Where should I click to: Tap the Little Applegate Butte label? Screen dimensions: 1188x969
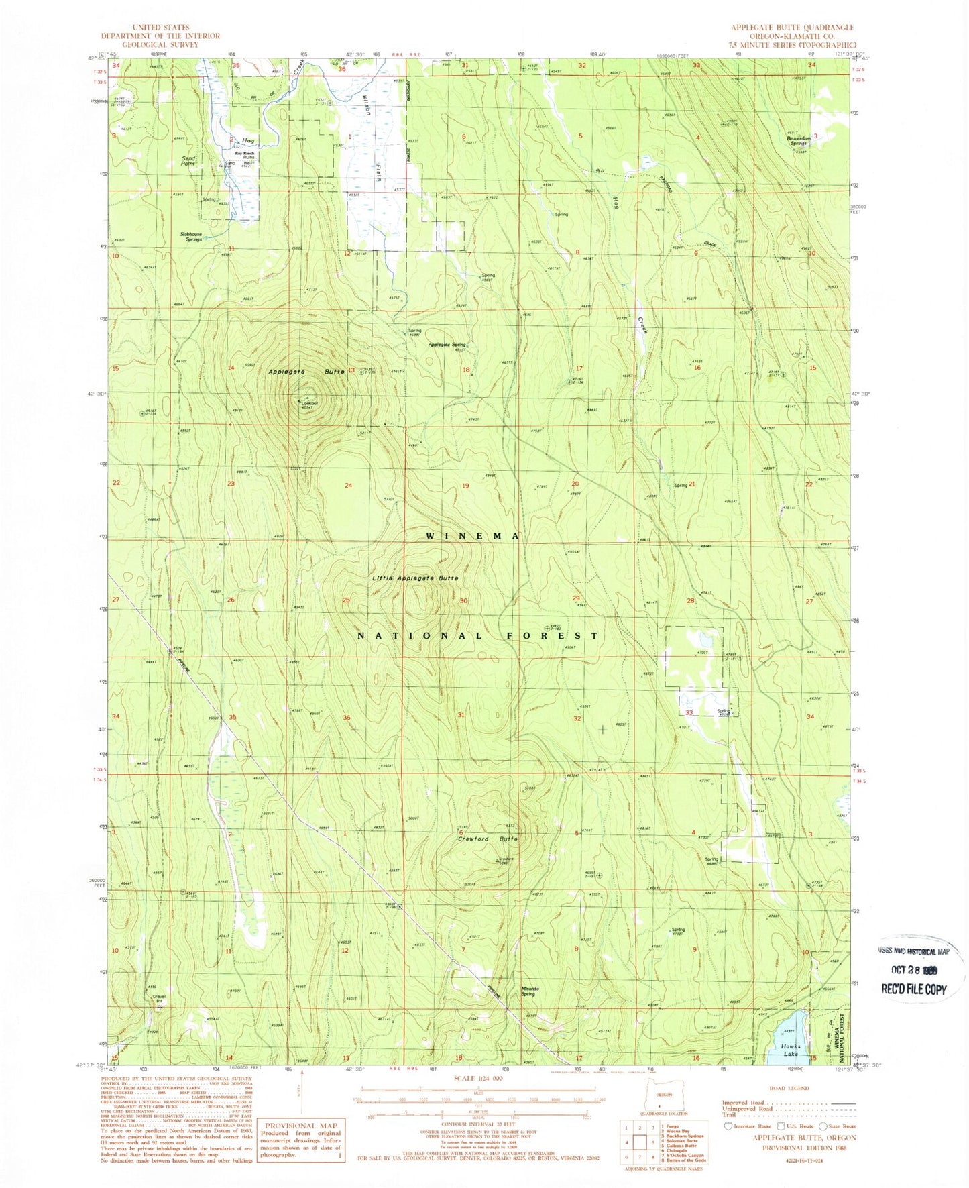(x=416, y=578)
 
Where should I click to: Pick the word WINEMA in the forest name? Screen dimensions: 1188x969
(x=473, y=536)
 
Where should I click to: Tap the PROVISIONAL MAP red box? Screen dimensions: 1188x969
(x=302, y=1138)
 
